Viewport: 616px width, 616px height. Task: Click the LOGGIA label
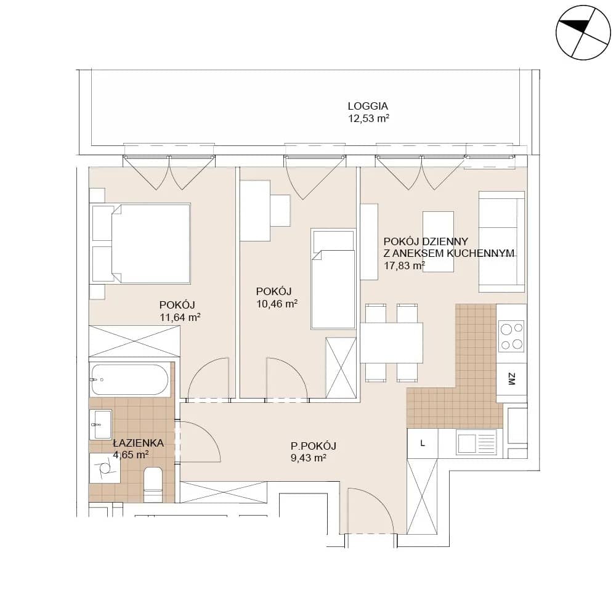click(x=368, y=106)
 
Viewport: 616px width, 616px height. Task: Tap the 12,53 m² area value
click(x=368, y=119)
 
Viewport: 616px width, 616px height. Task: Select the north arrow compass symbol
click(x=583, y=33)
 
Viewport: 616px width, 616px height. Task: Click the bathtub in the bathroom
click(x=131, y=380)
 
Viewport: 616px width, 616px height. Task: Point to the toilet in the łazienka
click(x=153, y=484)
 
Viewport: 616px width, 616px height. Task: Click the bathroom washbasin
click(x=100, y=424)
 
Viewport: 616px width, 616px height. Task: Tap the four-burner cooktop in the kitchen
click(x=511, y=336)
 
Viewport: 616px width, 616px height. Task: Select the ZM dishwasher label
click(x=511, y=379)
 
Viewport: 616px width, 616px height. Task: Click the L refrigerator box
click(x=423, y=443)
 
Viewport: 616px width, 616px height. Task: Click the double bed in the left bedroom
click(x=140, y=243)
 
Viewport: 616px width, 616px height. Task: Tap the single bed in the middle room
click(x=333, y=279)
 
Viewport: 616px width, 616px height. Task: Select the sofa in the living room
click(x=501, y=241)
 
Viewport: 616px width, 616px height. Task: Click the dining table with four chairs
click(x=392, y=342)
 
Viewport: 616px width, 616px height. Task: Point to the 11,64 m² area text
click(x=180, y=317)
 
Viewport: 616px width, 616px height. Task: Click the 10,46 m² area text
click(x=277, y=304)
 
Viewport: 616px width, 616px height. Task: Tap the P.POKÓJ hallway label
click(x=314, y=446)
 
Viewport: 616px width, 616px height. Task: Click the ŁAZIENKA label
click(x=138, y=443)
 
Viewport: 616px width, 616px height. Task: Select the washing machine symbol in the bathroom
click(x=105, y=468)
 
